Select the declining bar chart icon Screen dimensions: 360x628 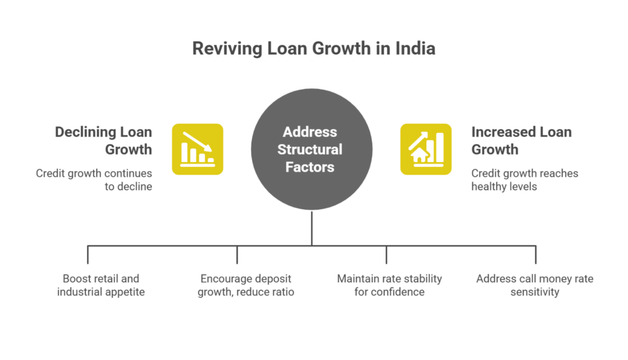coord(197,149)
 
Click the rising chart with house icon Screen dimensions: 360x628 coord(426,149)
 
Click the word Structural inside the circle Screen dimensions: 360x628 coord(310,150)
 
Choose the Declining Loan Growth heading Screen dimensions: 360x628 coord(103,140)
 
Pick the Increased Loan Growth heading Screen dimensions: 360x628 coord(521,140)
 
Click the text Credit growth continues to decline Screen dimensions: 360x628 coord(94,180)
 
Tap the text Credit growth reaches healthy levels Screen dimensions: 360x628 coord(524,180)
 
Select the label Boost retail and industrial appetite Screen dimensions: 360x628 coord(101,285)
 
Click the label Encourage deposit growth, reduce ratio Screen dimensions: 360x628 coord(245,285)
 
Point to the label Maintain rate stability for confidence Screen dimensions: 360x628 coord(389,285)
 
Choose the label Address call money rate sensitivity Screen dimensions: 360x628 coord(535,285)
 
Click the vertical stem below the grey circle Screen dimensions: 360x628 coord(312,228)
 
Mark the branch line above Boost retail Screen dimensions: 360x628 coord(88,255)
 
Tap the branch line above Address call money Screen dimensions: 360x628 coord(536,255)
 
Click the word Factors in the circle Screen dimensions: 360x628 coord(310,167)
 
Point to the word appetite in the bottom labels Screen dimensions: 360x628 coord(124,292)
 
